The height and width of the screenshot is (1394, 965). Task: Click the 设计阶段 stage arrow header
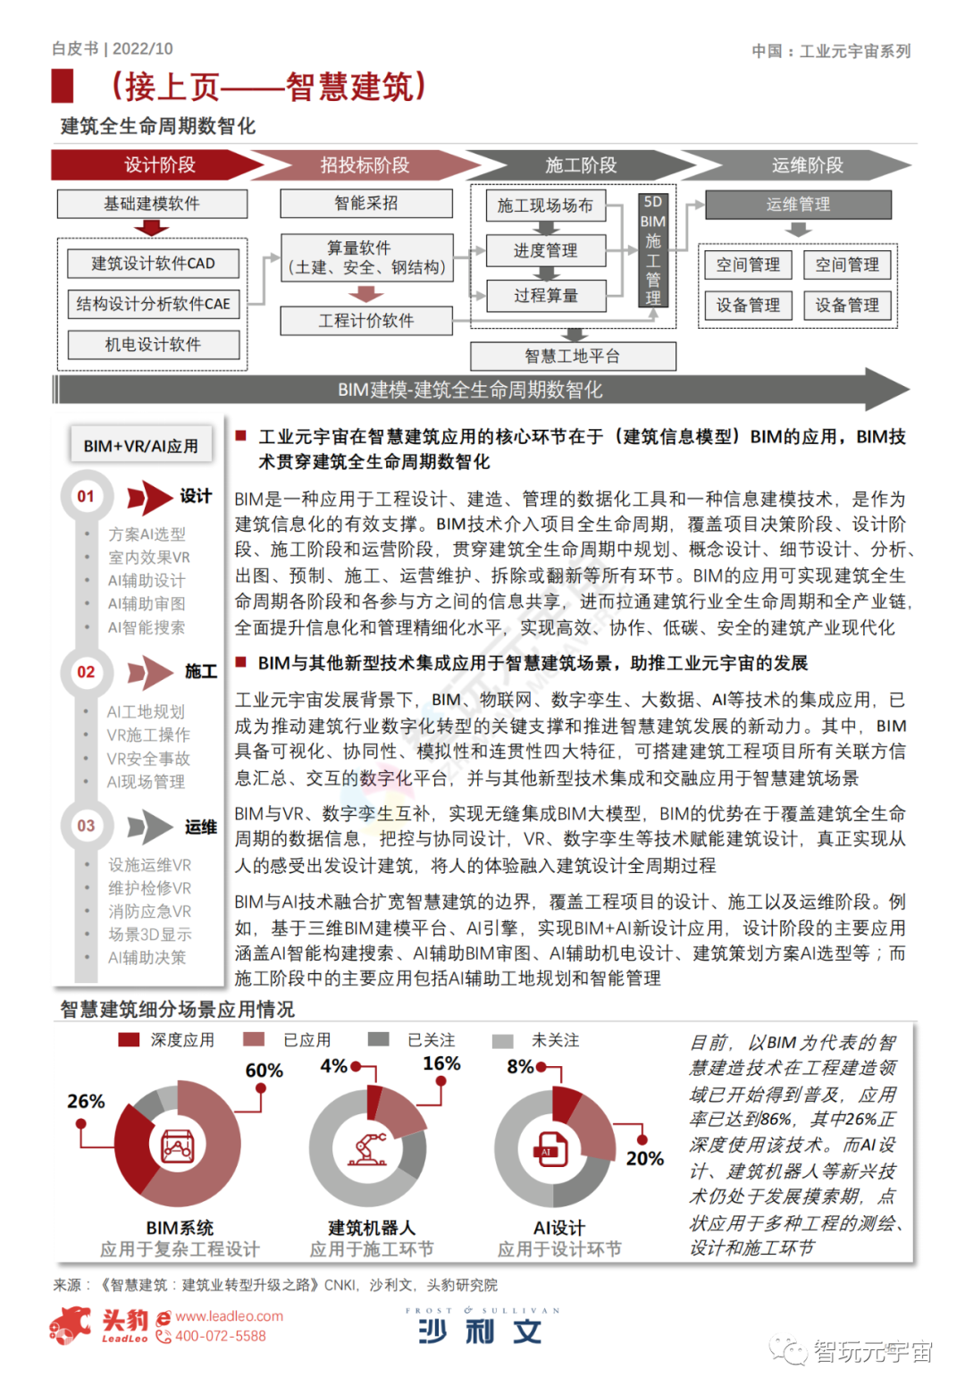click(x=159, y=165)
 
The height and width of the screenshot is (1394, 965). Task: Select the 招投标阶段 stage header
click(x=365, y=165)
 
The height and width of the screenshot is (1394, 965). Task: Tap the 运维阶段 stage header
click(x=807, y=165)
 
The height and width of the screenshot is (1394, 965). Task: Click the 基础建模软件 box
click(x=152, y=204)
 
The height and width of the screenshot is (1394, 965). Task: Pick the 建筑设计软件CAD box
click(x=153, y=264)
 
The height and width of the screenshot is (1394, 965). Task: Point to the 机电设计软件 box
click(x=153, y=344)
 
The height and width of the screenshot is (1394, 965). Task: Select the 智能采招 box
click(x=366, y=203)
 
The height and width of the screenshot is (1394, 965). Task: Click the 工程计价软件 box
click(x=366, y=321)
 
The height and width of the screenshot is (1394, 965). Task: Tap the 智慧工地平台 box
click(x=573, y=356)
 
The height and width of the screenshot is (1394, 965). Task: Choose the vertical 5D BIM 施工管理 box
click(x=653, y=250)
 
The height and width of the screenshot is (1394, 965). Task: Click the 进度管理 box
click(x=546, y=250)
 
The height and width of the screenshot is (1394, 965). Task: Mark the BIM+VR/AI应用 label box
click(x=141, y=445)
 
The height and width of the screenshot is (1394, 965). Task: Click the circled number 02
click(x=86, y=672)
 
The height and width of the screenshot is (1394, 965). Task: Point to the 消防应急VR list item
click(x=149, y=911)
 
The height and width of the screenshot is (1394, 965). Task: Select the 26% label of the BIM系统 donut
click(x=86, y=1101)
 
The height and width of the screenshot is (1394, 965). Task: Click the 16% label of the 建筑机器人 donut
click(x=441, y=1063)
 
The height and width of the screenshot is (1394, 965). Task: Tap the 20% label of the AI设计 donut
click(x=644, y=1158)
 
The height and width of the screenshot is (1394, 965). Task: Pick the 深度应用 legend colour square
click(x=129, y=1040)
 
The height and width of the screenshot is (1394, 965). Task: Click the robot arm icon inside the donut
click(x=367, y=1148)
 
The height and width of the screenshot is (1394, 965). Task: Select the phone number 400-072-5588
click(x=220, y=1336)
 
